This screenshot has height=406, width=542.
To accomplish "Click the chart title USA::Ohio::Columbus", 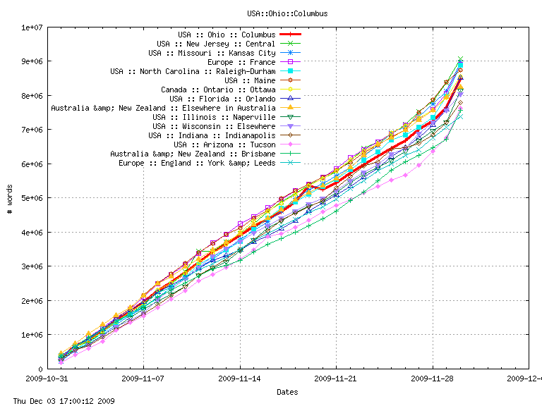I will point(287,13).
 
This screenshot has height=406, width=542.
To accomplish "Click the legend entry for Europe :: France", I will point(241,62).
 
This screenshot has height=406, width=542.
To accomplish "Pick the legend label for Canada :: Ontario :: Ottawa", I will point(218,90).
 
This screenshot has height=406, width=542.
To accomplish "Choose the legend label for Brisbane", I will point(193,154).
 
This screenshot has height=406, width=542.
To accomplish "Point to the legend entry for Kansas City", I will point(212,53).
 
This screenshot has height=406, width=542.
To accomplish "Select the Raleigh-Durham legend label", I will point(193,71).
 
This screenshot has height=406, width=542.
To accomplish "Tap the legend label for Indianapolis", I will point(212,135).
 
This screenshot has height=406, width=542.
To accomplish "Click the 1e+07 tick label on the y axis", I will point(32,27).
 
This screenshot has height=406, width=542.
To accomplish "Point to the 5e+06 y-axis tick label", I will point(32,198).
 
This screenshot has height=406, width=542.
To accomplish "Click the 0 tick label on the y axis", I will point(40,369).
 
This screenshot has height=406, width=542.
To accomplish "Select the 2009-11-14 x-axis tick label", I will point(240,379).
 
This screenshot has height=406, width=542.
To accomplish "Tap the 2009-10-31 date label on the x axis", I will point(47,379).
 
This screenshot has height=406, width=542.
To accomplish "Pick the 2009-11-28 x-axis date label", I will point(433,379).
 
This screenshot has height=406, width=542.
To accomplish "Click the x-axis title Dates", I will point(287,392).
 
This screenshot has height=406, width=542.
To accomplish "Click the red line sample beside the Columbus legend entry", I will point(291,35).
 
